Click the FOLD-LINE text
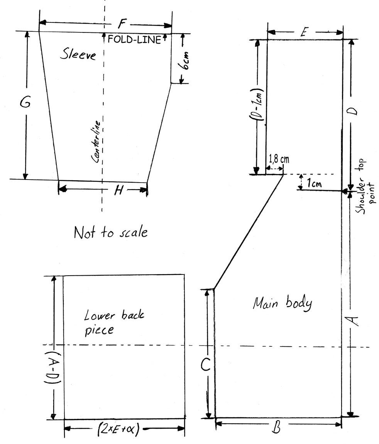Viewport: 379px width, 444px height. tap(134, 39)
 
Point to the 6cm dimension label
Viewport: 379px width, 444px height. tap(184, 61)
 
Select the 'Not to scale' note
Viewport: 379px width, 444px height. tap(110, 232)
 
